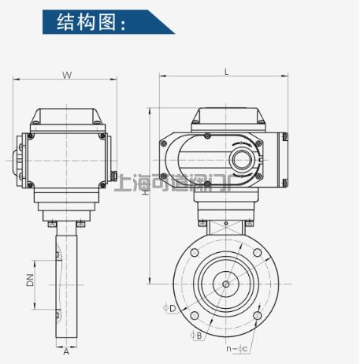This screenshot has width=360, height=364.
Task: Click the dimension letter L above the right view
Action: pyautogui.click(x=226, y=72)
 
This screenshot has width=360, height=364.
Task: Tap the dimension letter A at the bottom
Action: pyautogui.click(x=66, y=352)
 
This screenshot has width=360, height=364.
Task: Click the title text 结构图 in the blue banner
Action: pyautogui.click(x=91, y=22)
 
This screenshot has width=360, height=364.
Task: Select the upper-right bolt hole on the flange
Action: pyautogui.click(x=256, y=254)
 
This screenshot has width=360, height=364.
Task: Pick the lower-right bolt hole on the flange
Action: pyautogui.click(x=256, y=315)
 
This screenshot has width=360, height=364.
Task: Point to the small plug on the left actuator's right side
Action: pyautogui.click(x=113, y=176)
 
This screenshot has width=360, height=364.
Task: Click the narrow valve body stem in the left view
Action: pyautogui.click(x=66, y=284)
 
